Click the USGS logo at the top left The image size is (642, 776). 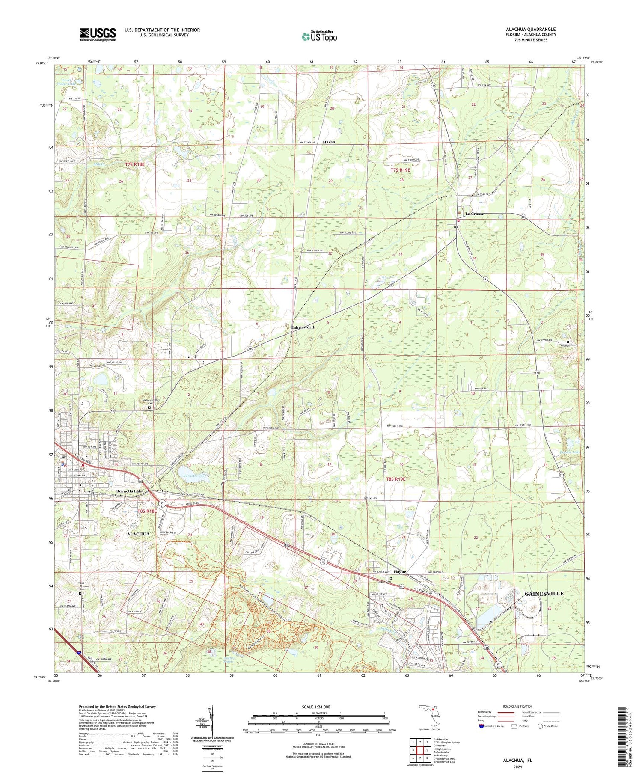point(98,34)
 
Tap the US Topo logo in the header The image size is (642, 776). point(319,36)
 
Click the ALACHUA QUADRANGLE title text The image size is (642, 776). point(531,29)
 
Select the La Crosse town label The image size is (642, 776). point(475,214)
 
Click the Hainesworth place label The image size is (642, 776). point(303,327)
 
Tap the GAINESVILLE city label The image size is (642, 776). point(544,593)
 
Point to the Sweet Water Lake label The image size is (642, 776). point(69,82)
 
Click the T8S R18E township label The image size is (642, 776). point(147,511)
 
